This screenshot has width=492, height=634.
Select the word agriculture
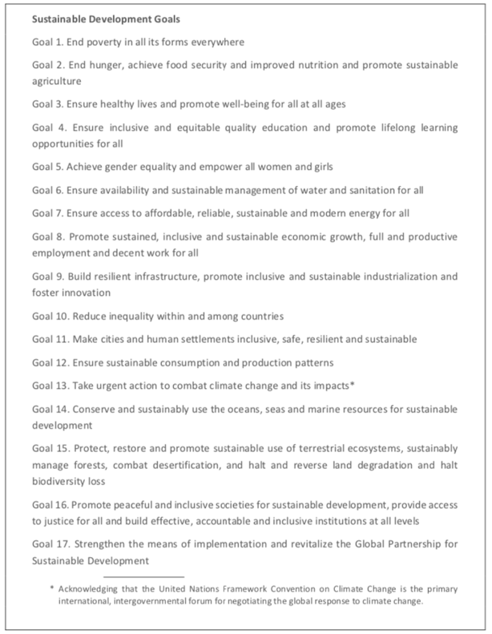click(58, 81)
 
